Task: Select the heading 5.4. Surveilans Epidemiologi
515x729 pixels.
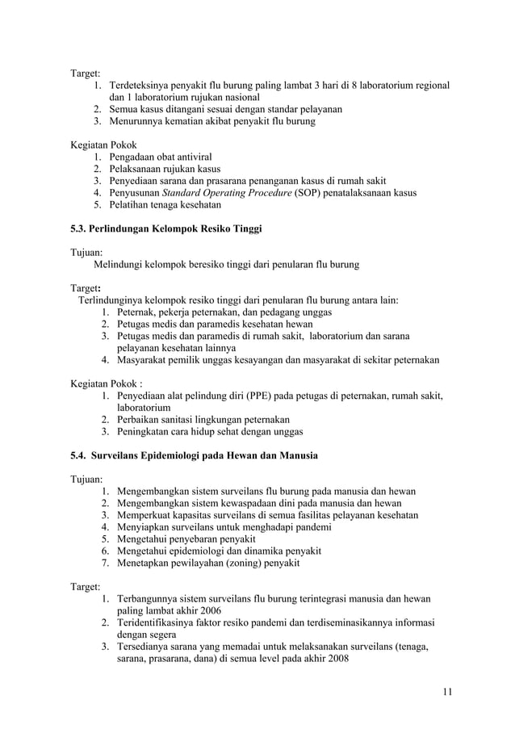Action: (x=195, y=455)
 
